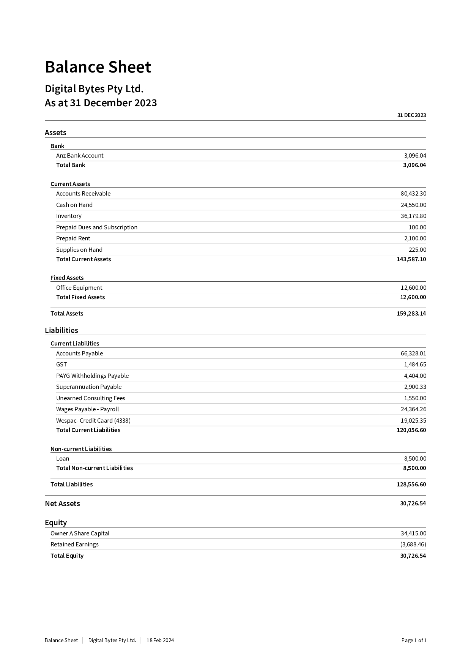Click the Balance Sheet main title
tap(98, 67)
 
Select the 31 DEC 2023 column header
tap(411, 115)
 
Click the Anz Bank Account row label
tap(80, 156)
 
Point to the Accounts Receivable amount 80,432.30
tap(413, 194)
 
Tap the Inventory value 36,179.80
tap(413, 216)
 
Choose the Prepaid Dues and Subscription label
tap(97, 227)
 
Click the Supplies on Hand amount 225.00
tap(417, 250)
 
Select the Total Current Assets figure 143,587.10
tap(411, 259)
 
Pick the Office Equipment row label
tap(79, 288)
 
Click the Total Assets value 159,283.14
tap(411, 314)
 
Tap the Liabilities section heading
tap(61, 330)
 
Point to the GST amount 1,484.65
tap(415, 365)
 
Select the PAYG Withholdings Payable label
tap(92, 376)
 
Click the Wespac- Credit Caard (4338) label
tap(93, 421)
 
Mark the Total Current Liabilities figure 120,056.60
tap(411, 430)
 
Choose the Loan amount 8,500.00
tap(415, 459)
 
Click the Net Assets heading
tap(62, 504)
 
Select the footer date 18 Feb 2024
tap(160, 640)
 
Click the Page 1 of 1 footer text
tap(414, 640)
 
